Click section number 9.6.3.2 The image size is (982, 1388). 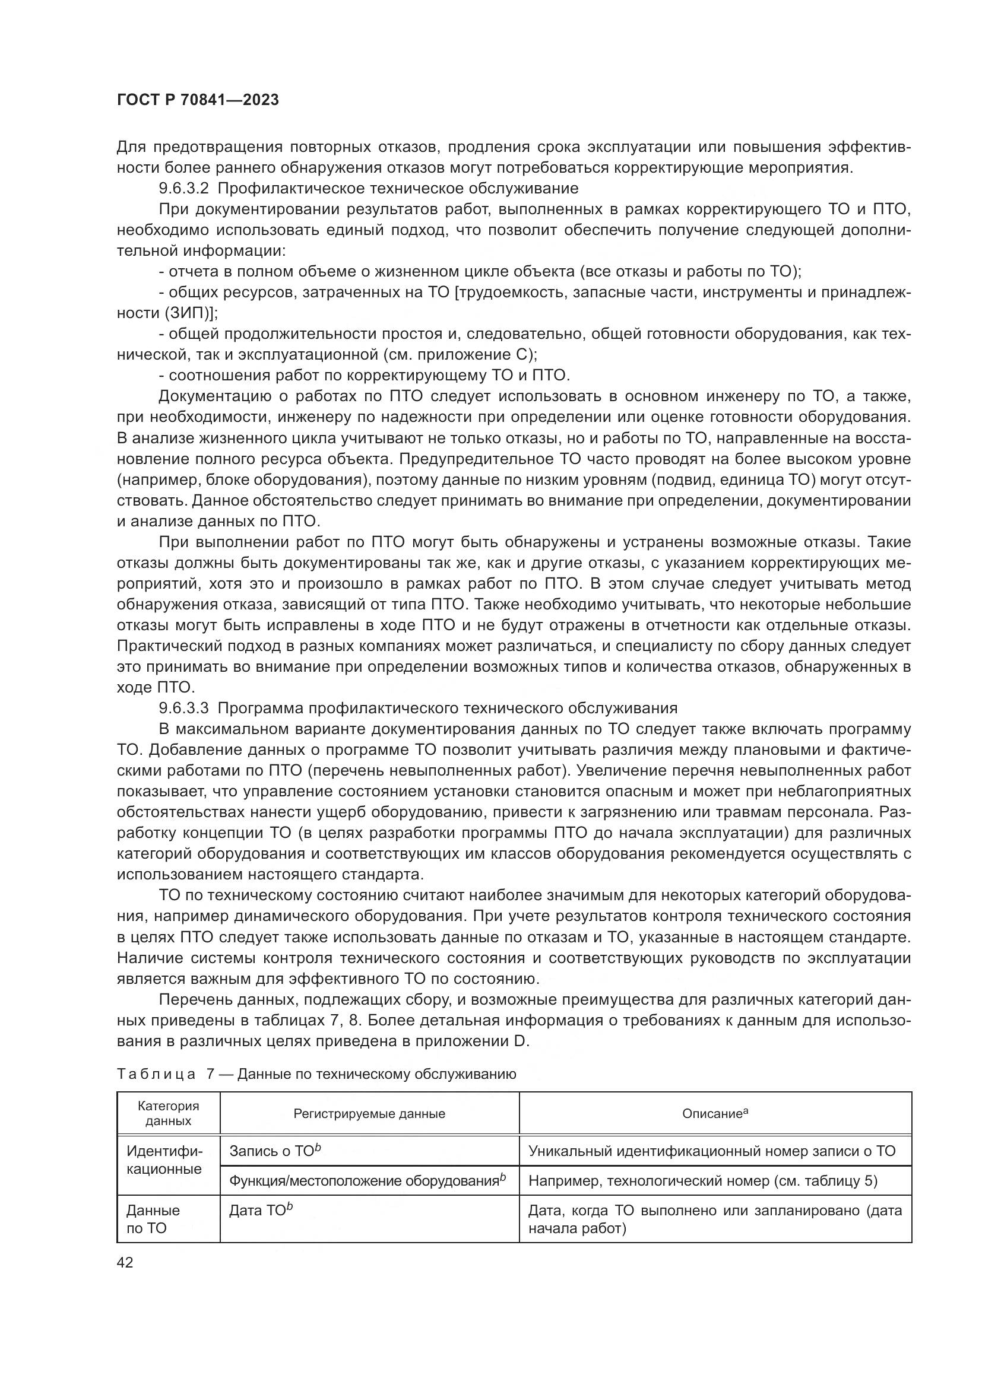(183, 189)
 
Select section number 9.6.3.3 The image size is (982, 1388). (183, 708)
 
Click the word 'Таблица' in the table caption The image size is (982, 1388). (156, 1074)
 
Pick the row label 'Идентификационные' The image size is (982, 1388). (164, 1160)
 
